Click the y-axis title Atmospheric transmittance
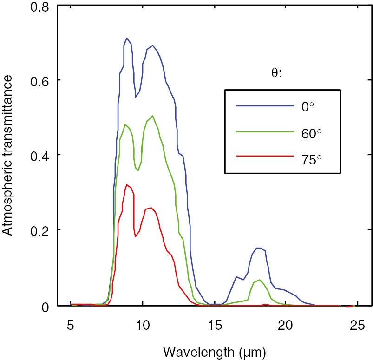click(x=10, y=157)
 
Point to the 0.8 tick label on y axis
click(x=39, y=6)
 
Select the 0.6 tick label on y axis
click(x=39, y=80)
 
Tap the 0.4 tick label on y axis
click(x=39, y=155)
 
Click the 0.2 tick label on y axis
click(x=39, y=230)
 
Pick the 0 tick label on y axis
click(x=45, y=306)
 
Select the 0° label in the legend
click(x=308, y=106)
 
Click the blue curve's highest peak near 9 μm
click(x=126, y=39)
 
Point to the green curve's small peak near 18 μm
click(x=260, y=280)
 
